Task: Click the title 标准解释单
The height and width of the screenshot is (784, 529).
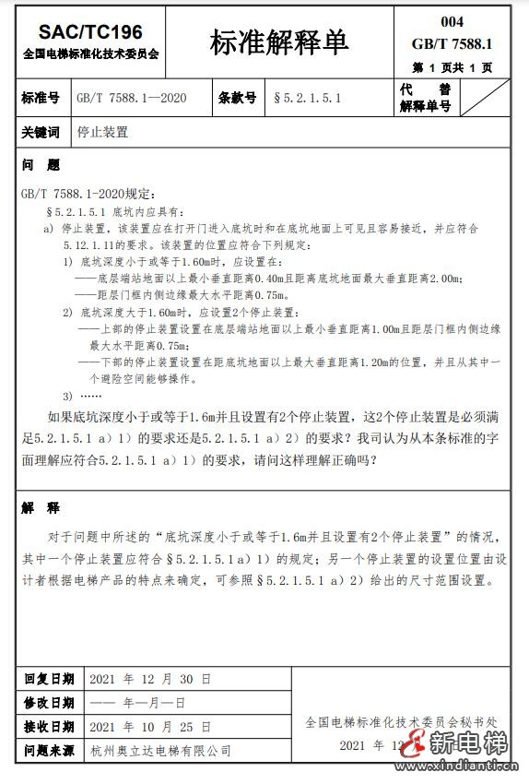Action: [280, 42]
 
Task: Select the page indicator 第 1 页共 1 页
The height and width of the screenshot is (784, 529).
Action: [453, 67]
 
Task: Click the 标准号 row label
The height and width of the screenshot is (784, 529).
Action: [41, 98]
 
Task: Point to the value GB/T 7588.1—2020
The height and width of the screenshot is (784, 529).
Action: [131, 98]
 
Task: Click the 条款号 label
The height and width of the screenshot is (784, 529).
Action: [237, 98]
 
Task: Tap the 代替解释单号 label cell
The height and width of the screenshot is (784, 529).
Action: [425, 98]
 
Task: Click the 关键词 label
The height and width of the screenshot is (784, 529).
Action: [41, 132]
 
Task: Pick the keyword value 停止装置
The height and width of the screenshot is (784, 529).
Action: [103, 132]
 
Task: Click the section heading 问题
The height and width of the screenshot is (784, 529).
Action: [41, 166]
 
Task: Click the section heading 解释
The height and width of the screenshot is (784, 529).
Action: [41, 508]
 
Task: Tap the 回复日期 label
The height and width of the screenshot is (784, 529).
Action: [49, 679]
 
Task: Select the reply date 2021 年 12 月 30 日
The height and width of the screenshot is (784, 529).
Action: [150, 679]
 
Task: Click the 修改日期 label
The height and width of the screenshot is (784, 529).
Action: [49, 703]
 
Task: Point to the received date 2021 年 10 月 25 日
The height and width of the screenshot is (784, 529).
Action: [150, 727]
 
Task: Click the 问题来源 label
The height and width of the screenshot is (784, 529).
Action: [49, 751]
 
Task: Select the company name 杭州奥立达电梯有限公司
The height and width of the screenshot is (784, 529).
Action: [160, 752]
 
